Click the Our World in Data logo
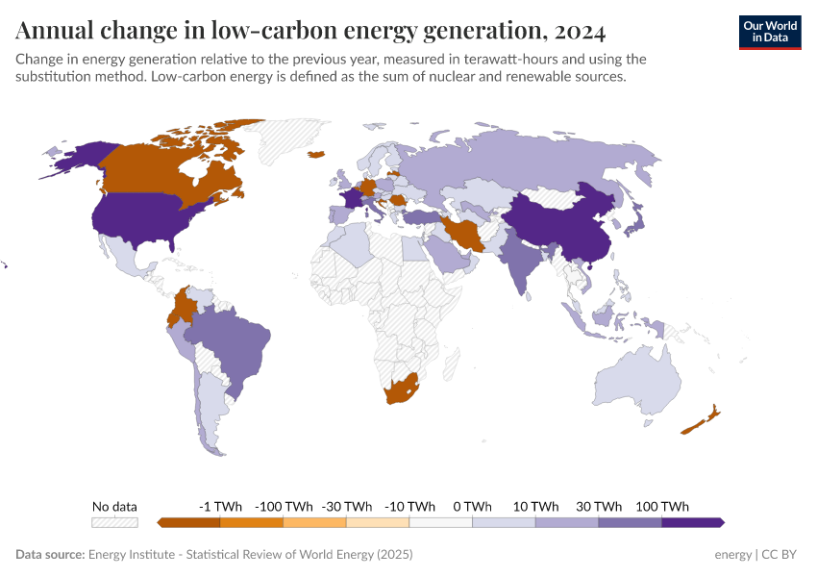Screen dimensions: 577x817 click(769, 32)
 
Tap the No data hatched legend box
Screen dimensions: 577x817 click(114, 522)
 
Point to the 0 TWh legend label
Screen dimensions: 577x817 click(472, 506)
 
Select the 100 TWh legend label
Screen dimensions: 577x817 click(661, 506)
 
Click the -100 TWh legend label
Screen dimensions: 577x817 click(284, 506)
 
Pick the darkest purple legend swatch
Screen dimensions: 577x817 click(692, 522)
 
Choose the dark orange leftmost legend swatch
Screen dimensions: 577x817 click(189, 522)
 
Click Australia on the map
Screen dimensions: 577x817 click(639, 380)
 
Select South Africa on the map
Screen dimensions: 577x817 click(401, 389)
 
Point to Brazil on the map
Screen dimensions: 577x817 click(231, 341)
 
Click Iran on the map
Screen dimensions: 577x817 click(463, 234)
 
